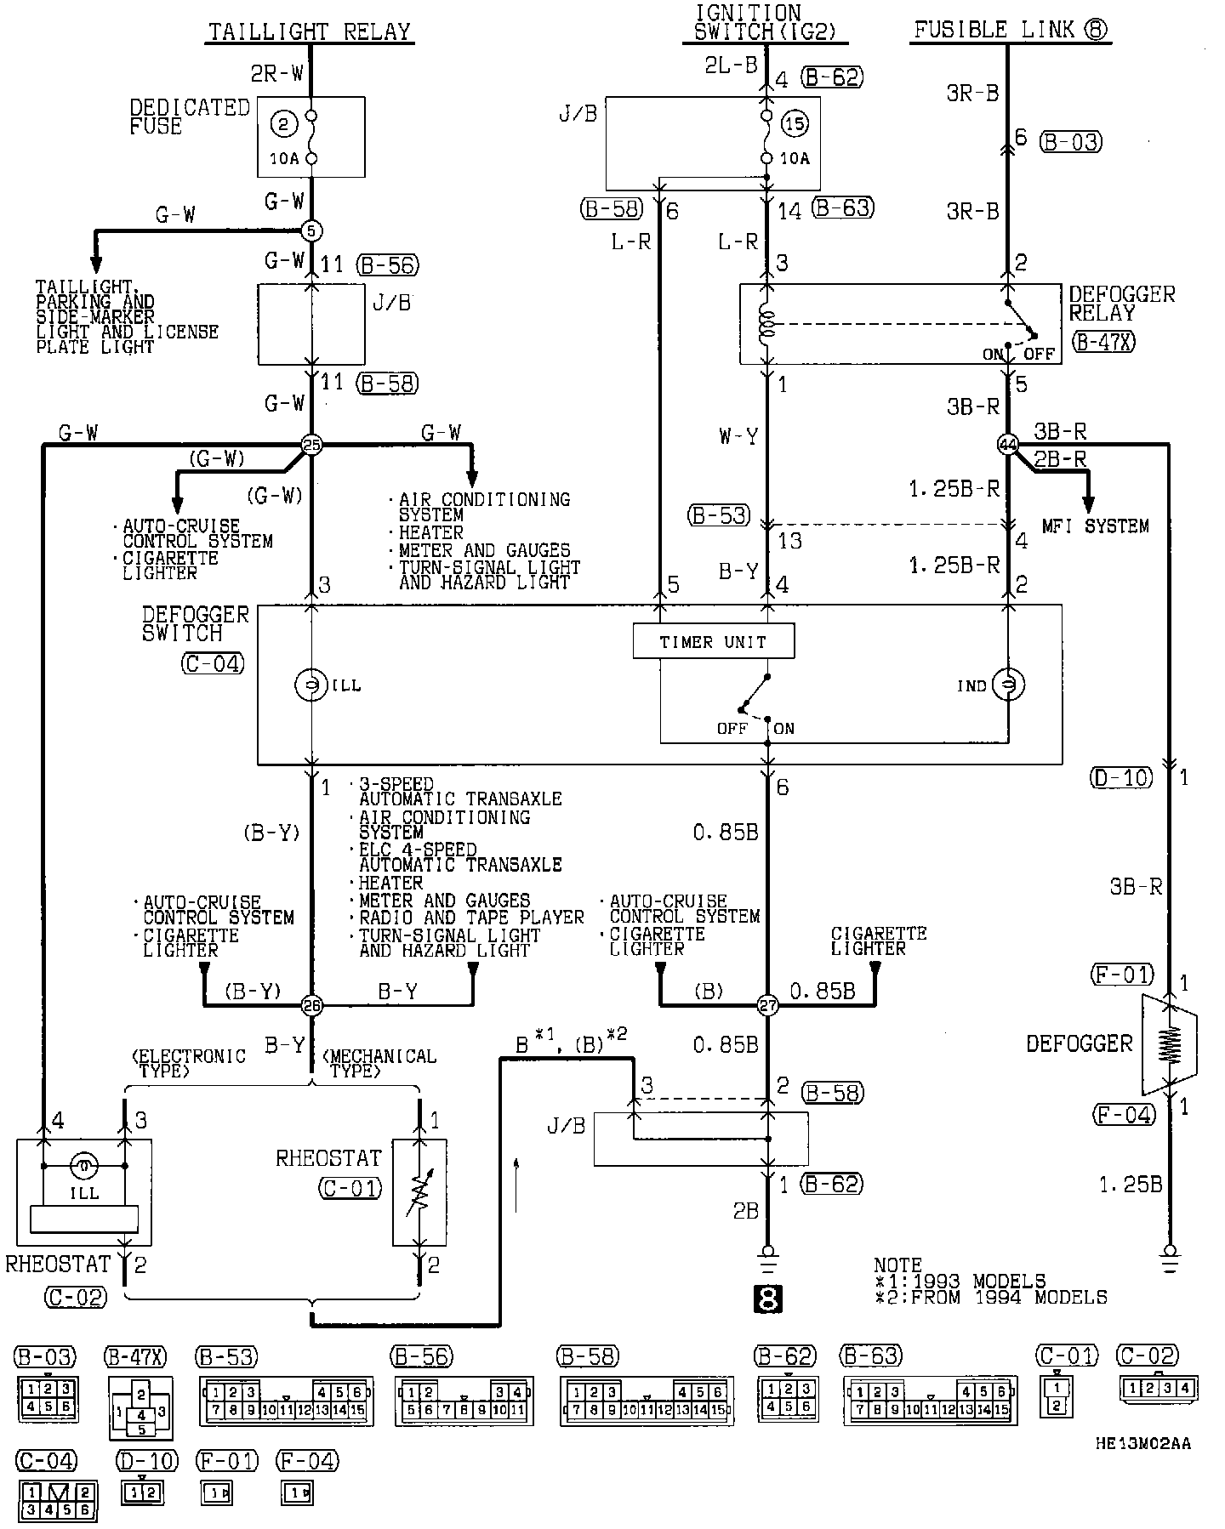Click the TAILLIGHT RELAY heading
(310, 32)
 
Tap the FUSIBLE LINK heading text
(1011, 31)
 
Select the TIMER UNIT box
(713, 642)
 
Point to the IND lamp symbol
(1008, 685)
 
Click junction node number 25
(311, 443)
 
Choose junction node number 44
(1007, 443)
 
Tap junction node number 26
(311, 1006)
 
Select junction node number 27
(767, 1006)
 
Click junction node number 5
(311, 230)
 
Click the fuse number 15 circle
(795, 124)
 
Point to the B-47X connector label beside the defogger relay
(1103, 342)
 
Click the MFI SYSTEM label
(1095, 526)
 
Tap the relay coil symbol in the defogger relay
(767, 324)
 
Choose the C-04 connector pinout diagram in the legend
(57, 1501)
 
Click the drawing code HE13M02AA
(1142, 1443)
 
